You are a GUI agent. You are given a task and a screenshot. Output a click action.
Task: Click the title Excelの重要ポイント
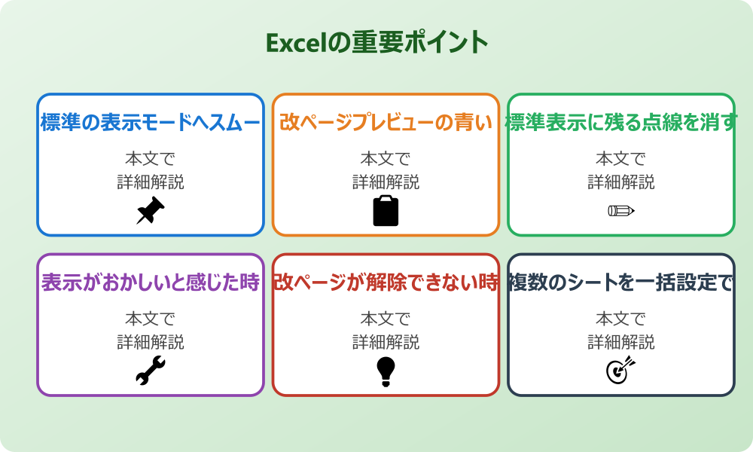pyautogui.click(x=376, y=42)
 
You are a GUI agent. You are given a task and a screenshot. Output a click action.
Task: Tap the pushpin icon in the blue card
pyautogui.click(x=150, y=211)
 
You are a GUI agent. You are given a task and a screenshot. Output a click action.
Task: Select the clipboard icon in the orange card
pyautogui.click(x=386, y=211)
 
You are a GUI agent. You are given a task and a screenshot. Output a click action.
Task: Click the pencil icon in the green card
pyautogui.click(x=621, y=210)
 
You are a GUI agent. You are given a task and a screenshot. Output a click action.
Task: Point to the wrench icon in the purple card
pyautogui.click(x=150, y=371)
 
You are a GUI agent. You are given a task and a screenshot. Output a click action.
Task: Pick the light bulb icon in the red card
pyautogui.click(x=386, y=371)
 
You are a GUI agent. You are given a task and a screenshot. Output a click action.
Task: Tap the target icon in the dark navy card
pyautogui.click(x=621, y=371)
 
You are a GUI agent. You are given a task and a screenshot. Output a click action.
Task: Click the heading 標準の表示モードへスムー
pyautogui.click(x=150, y=122)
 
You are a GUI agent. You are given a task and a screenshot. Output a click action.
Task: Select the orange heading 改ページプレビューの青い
pyautogui.click(x=386, y=122)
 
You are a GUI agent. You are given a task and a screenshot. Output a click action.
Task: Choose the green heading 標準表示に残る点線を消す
pyautogui.click(x=621, y=122)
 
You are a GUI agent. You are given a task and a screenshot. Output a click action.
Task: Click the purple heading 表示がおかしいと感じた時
pyautogui.click(x=150, y=282)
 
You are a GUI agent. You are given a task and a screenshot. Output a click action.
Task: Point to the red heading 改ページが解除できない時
pyautogui.click(x=386, y=282)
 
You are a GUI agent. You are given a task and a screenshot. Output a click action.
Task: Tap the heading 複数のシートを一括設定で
pyautogui.click(x=621, y=282)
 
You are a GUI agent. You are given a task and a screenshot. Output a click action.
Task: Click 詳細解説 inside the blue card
pyautogui.click(x=150, y=182)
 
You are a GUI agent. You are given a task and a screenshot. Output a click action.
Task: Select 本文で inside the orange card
pyautogui.click(x=386, y=159)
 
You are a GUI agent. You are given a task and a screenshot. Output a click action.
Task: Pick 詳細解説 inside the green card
pyautogui.click(x=621, y=182)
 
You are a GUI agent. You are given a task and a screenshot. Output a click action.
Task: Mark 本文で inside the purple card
pyautogui.click(x=150, y=319)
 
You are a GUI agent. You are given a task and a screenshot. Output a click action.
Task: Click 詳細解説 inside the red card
pyautogui.click(x=386, y=342)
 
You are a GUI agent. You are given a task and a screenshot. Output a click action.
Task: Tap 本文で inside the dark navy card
pyautogui.click(x=621, y=319)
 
